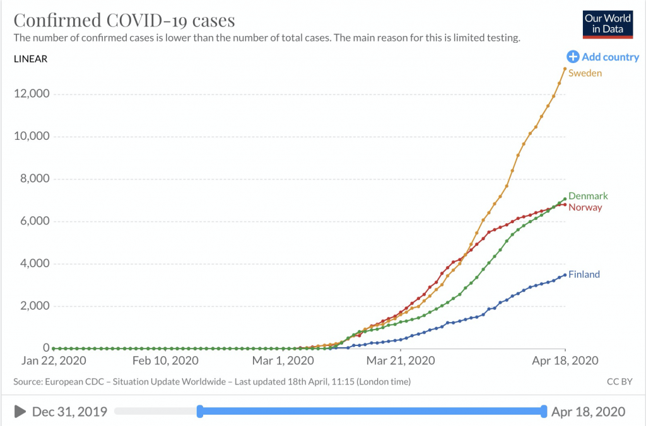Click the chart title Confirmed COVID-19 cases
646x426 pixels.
tap(124, 20)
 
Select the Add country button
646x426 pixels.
tap(603, 57)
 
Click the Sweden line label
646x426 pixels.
tap(585, 73)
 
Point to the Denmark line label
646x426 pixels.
tap(588, 196)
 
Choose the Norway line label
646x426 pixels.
tap(585, 207)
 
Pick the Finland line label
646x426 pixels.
tap(584, 275)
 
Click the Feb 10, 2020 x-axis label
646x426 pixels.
tap(165, 361)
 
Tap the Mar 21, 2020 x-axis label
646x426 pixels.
tap(401, 361)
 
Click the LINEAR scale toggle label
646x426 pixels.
tap(30, 59)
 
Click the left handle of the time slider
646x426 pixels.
tap(200, 412)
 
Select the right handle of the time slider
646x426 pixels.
tap(544, 412)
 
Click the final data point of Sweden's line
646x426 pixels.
tap(565, 69)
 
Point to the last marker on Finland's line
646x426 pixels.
tap(565, 275)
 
